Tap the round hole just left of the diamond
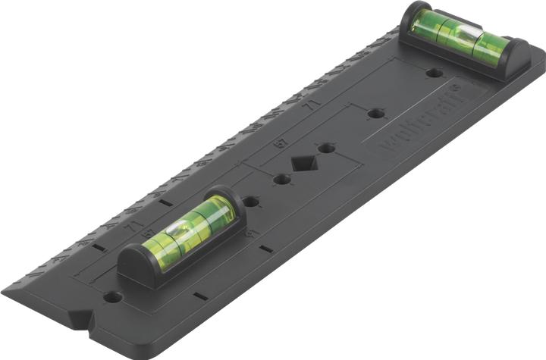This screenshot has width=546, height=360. click(x=281, y=180)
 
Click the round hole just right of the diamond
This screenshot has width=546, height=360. click(x=326, y=149)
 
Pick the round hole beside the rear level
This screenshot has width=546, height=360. click(x=434, y=74)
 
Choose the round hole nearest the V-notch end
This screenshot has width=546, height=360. click(x=113, y=296)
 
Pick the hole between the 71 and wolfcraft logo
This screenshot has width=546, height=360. click(x=375, y=114)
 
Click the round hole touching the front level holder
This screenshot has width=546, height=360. click(x=250, y=202)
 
